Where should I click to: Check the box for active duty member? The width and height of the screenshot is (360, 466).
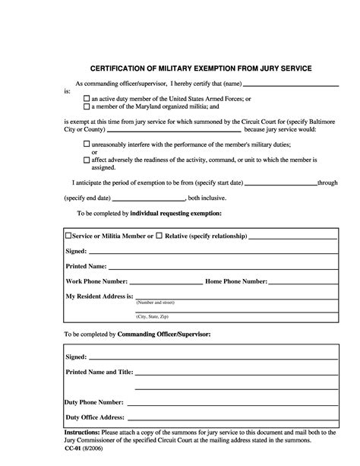pos(87,99)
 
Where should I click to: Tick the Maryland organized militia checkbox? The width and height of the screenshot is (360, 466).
pos(87,107)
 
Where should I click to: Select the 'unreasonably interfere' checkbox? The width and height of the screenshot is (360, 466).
pos(87,144)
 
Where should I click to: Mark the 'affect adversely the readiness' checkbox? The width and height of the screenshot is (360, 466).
pos(87,160)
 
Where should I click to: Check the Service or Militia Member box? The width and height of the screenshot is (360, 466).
pos(68,236)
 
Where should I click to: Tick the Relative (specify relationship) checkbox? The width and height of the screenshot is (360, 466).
pos(159,236)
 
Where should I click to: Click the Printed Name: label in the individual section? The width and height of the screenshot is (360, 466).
pos(86,266)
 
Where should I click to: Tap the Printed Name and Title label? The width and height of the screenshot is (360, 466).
pos(99,372)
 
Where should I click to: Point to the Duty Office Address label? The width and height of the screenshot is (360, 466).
pos(95,417)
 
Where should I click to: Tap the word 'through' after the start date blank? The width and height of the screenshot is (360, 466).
pos(327,183)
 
